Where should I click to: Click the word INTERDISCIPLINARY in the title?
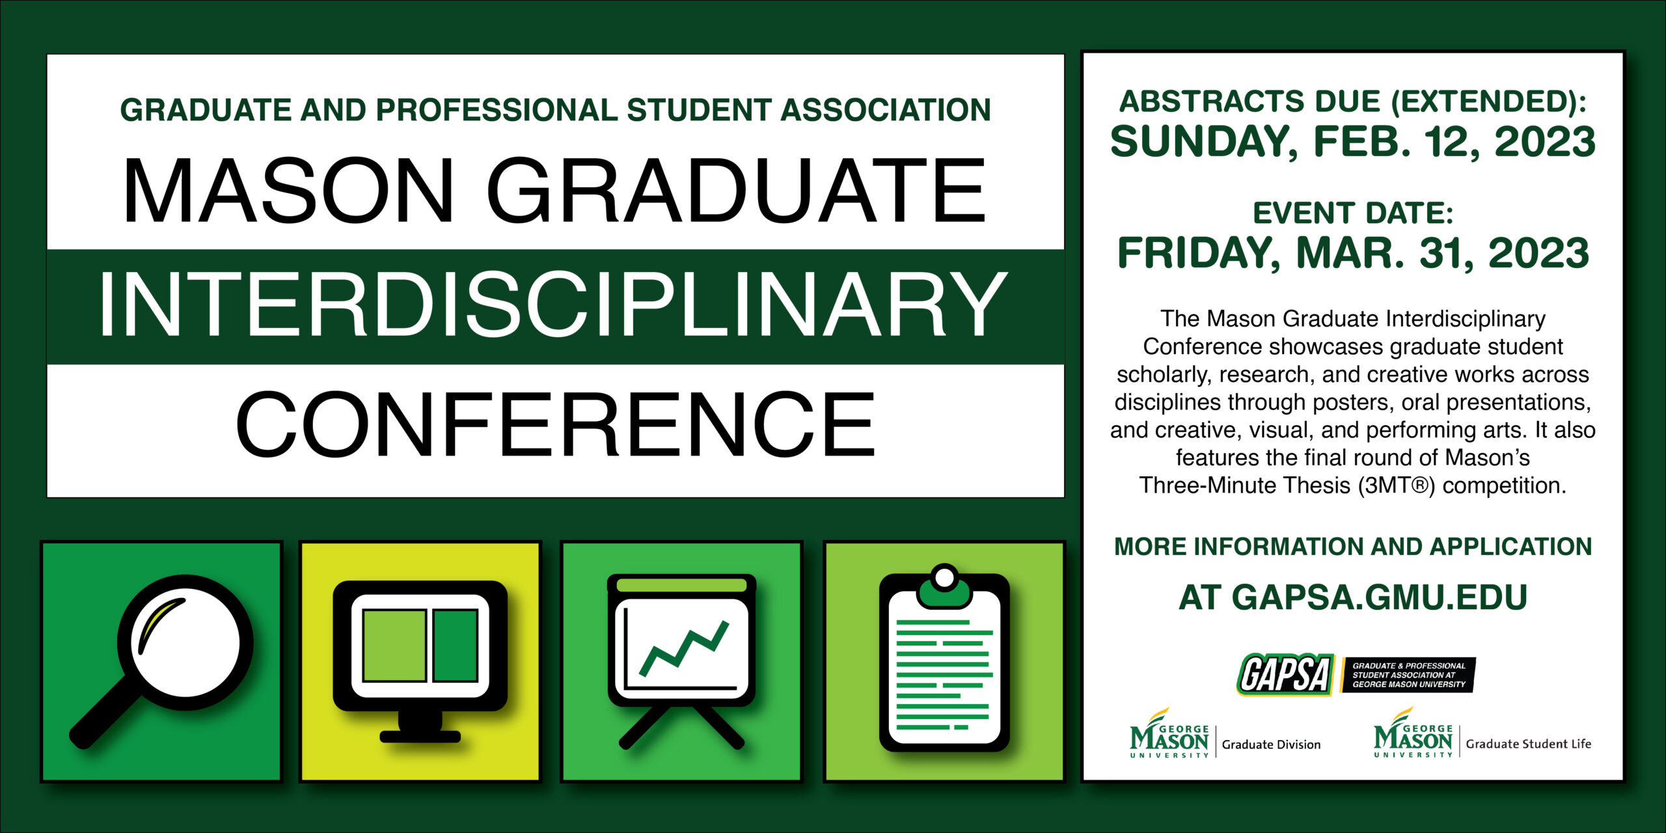point(553,305)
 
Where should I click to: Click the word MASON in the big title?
point(288,191)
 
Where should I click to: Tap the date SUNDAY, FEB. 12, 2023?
point(1353,143)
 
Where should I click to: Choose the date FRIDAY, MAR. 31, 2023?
point(1353,253)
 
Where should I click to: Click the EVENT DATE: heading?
point(1353,213)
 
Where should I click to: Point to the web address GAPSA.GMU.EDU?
point(1379,597)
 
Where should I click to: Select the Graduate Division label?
point(1271,744)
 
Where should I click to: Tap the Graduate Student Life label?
point(1528,744)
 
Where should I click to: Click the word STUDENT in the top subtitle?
point(698,110)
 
